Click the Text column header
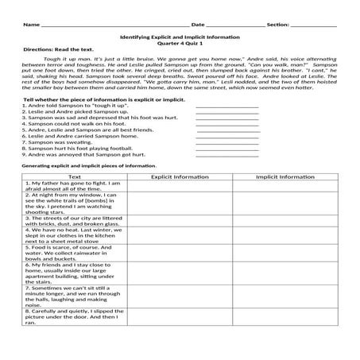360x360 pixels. pyautogui.click(x=75, y=176)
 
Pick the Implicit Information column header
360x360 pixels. pyautogui.click(x=285, y=176)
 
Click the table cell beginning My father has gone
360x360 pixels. pyautogui.click(x=75, y=186)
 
